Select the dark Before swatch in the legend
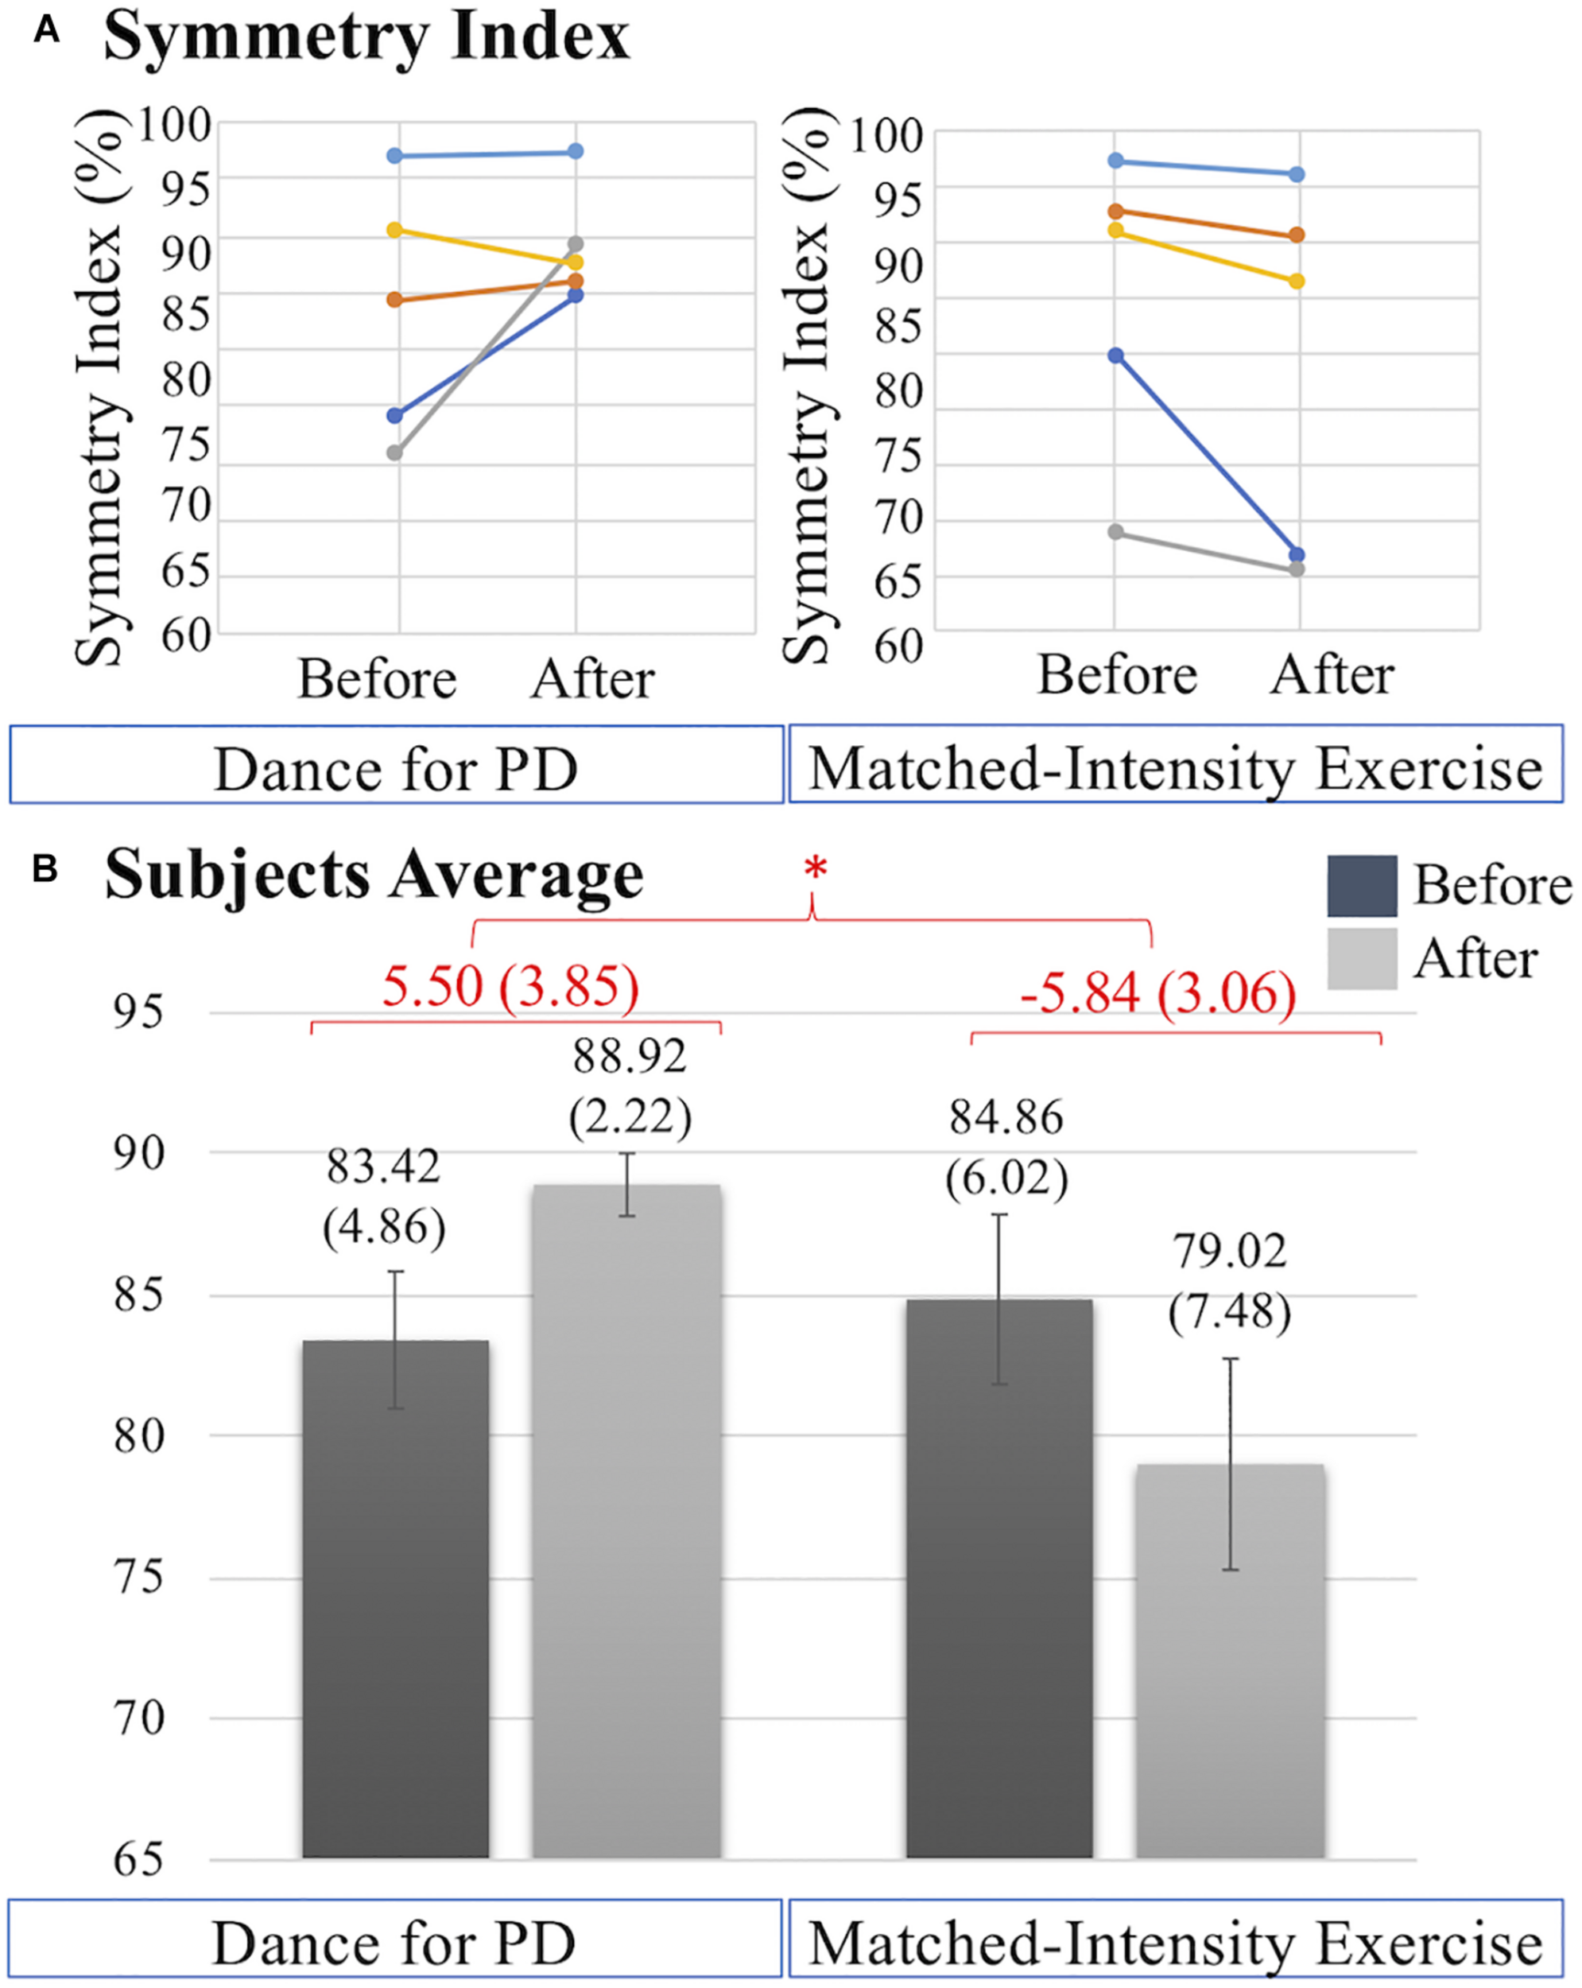(x=1362, y=886)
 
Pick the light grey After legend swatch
(x=1362, y=959)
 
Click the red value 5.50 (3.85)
(x=510, y=986)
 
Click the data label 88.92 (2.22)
(x=630, y=1087)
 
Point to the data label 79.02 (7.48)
(x=1229, y=1282)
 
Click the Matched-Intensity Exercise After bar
(x=1230, y=1660)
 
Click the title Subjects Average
(x=374, y=874)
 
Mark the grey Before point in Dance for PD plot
(x=394, y=452)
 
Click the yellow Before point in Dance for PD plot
(x=394, y=230)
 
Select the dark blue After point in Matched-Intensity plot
(x=1297, y=555)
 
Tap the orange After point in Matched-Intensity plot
(x=1297, y=235)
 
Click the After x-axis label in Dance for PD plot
(x=593, y=680)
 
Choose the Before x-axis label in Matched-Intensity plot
(x=1116, y=676)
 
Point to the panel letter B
(x=45, y=868)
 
